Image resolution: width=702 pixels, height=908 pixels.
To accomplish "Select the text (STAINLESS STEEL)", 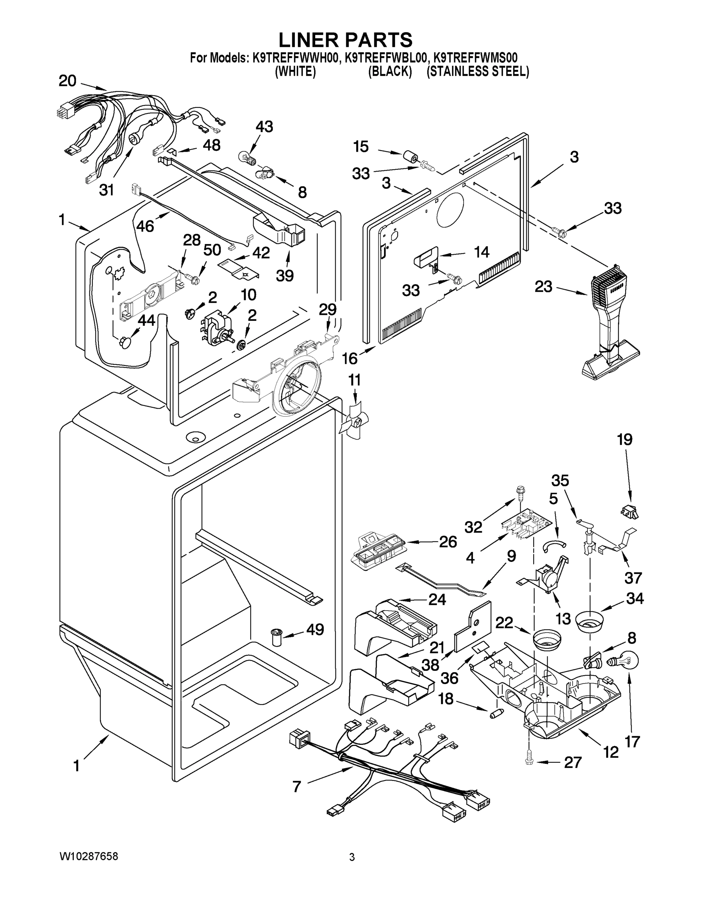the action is point(478,72).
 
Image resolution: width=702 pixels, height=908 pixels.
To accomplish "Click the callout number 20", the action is point(67,81).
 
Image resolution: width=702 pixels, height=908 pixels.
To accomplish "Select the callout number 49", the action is point(315,630).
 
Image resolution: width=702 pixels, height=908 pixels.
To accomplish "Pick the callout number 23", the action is point(543,286).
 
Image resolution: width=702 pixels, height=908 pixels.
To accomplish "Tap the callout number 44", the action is point(146,320).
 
